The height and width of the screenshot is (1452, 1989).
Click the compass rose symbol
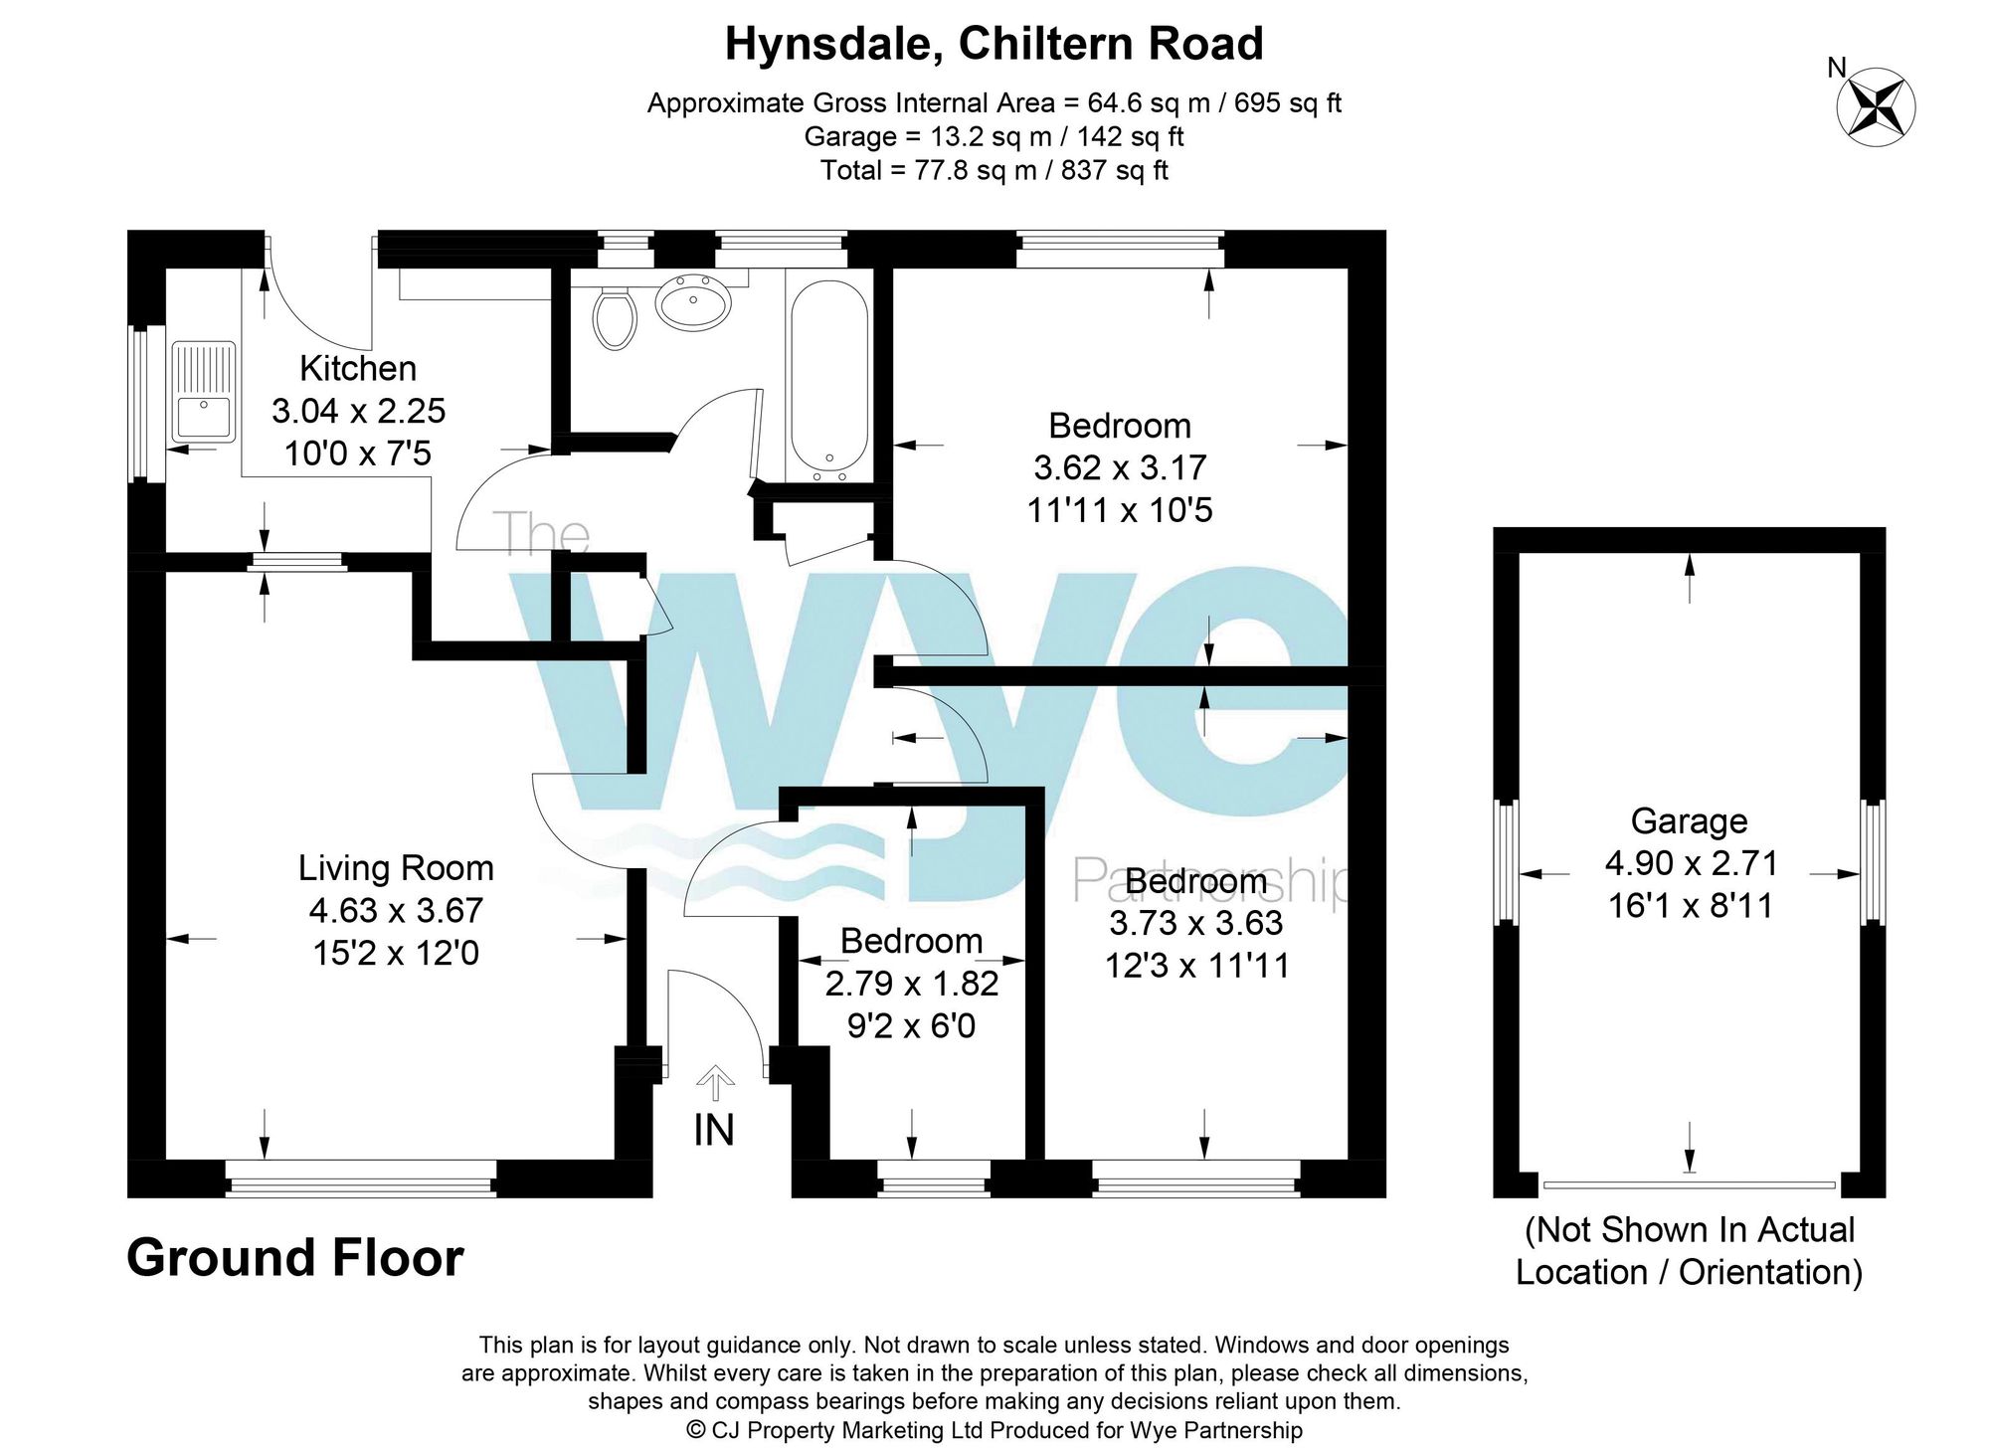click(x=1876, y=107)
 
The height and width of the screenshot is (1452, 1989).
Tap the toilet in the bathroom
click(x=615, y=316)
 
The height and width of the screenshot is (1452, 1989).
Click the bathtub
click(x=828, y=375)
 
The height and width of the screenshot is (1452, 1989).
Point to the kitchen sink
click(x=203, y=392)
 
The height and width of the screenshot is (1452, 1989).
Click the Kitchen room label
click(x=358, y=369)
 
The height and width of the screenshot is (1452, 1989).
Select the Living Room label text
click(x=396, y=868)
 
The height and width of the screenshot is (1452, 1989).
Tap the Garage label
click(x=1689, y=820)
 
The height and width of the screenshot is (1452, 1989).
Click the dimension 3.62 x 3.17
click(x=1120, y=467)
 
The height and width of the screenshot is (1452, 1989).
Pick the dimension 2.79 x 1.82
click(x=911, y=984)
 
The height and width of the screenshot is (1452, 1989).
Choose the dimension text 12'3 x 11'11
click(x=1196, y=966)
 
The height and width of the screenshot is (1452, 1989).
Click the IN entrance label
click(x=714, y=1130)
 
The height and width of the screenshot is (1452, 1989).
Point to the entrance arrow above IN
click(x=715, y=1081)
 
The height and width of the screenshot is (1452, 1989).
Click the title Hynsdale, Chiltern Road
click(x=994, y=44)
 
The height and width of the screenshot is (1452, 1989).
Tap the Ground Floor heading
click(x=295, y=1258)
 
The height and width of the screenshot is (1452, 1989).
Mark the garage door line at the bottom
click(x=1689, y=1184)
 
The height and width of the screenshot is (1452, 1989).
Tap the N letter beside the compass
click(x=1837, y=68)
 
